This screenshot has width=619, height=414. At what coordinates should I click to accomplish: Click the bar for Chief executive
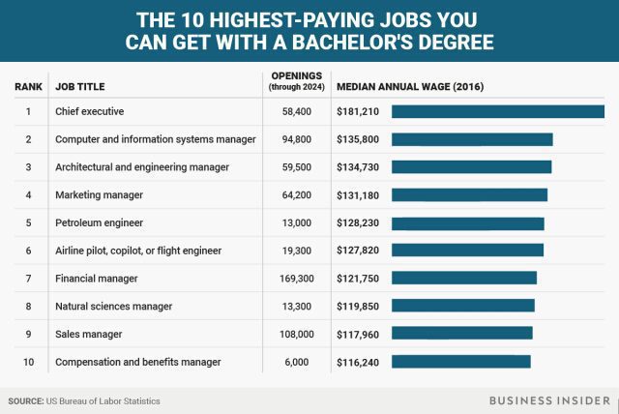point(498,111)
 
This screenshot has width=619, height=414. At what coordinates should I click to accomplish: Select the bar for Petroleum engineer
point(468,222)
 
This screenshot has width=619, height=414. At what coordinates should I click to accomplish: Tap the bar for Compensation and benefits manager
point(461,362)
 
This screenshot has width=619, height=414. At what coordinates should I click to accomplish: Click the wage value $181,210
point(358,111)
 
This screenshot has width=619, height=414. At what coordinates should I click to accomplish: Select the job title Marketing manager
point(100,195)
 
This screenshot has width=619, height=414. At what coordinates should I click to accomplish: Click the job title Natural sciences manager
point(114,307)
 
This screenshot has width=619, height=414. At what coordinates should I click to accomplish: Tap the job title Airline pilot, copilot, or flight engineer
point(138,251)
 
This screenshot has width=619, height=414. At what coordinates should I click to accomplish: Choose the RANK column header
point(28,87)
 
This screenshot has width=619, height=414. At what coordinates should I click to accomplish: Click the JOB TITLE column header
point(81,87)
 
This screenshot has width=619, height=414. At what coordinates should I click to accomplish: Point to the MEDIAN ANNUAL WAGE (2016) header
point(410,87)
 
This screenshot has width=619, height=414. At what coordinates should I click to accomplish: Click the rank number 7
point(28,279)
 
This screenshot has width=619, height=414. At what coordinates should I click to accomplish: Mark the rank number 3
point(28,167)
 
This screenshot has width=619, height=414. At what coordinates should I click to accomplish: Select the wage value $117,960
point(358,334)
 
